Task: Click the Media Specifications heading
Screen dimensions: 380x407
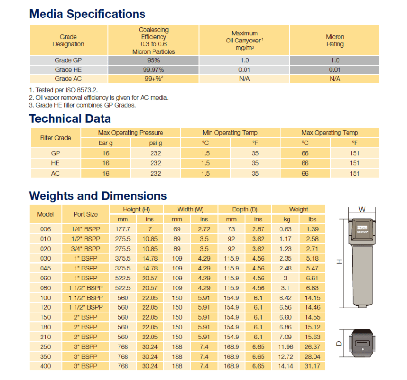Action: (x=87, y=14)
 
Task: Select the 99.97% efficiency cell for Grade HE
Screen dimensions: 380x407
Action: (x=153, y=70)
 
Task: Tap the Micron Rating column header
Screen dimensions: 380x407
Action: (x=335, y=41)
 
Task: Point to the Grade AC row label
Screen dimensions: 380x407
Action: (x=68, y=79)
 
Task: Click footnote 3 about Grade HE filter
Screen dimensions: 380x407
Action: (x=82, y=105)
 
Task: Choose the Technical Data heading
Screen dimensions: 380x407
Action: (x=70, y=118)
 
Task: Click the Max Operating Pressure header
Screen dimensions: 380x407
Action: (x=130, y=133)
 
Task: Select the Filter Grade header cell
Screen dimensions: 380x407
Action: (x=56, y=138)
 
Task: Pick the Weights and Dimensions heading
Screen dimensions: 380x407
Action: (x=98, y=196)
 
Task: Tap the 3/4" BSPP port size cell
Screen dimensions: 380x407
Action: (x=85, y=249)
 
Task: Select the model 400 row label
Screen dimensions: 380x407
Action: (x=45, y=366)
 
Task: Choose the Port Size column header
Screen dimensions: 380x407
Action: (x=85, y=214)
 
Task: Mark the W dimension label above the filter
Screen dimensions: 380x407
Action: (x=362, y=209)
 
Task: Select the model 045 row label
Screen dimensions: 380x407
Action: (x=45, y=268)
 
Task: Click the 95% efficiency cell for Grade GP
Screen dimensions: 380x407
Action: (x=153, y=60)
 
